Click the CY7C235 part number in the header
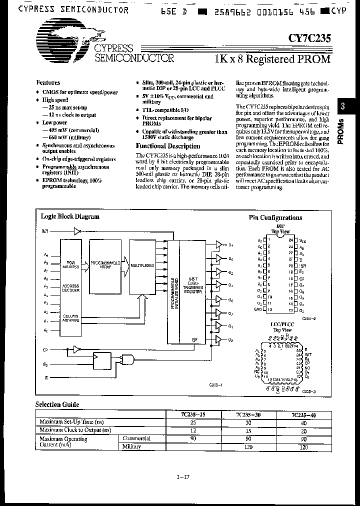308,36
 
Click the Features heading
48,83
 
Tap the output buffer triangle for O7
218,244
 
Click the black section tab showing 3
342,106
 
